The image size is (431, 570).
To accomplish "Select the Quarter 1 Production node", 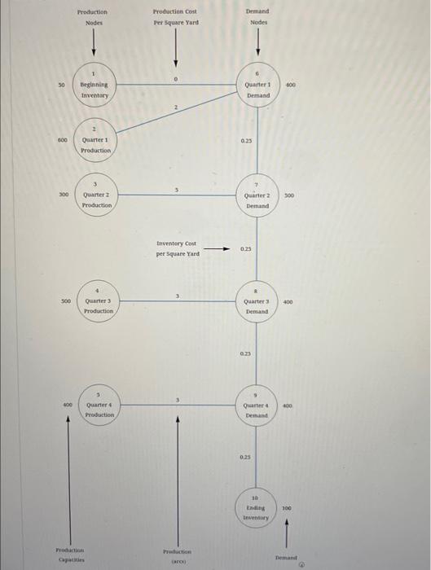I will coord(95,142).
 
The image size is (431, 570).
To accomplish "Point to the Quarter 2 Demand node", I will coord(257,198).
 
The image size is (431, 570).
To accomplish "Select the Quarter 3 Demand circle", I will coord(257,303).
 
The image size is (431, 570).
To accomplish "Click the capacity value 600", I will coord(62,140).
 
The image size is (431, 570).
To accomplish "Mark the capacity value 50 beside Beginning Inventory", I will coord(62,85).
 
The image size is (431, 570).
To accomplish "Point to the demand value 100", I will coord(286,507).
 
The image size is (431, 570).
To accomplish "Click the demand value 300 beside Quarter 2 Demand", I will coord(288,196).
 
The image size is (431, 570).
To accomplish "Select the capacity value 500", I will coord(65,301).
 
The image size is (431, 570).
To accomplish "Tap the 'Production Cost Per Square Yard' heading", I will coord(175,17).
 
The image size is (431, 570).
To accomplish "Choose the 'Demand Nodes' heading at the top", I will coord(257,17).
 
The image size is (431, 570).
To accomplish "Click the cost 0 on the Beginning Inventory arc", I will coord(175,79).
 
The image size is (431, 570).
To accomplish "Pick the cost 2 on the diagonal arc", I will coord(176,107).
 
